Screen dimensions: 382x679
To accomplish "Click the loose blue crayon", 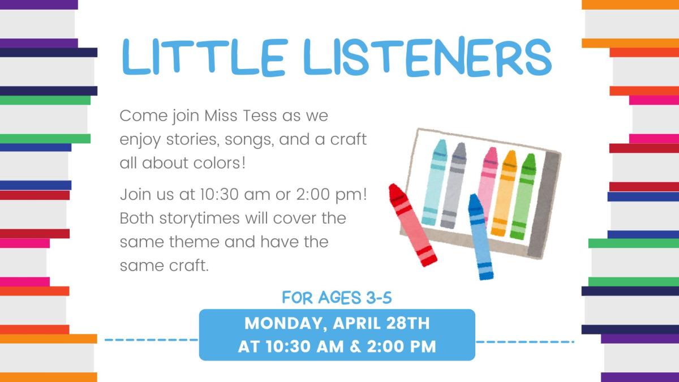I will [x=480, y=237].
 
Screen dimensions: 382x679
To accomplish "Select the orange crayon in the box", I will [x=504, y=192].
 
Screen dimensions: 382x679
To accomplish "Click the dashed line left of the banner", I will [x=151, y=341].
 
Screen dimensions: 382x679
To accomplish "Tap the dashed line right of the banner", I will [x=525, y=342].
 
